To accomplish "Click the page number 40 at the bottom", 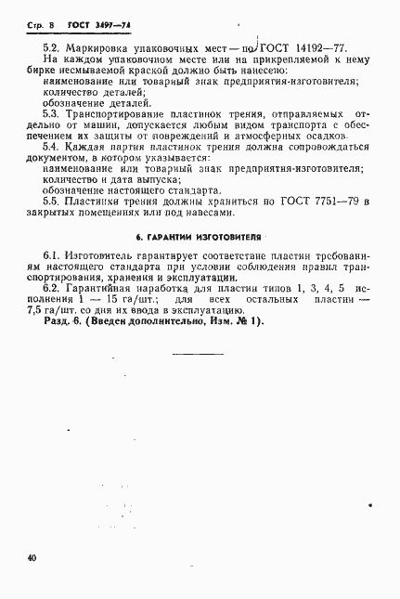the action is click(33, 558).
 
